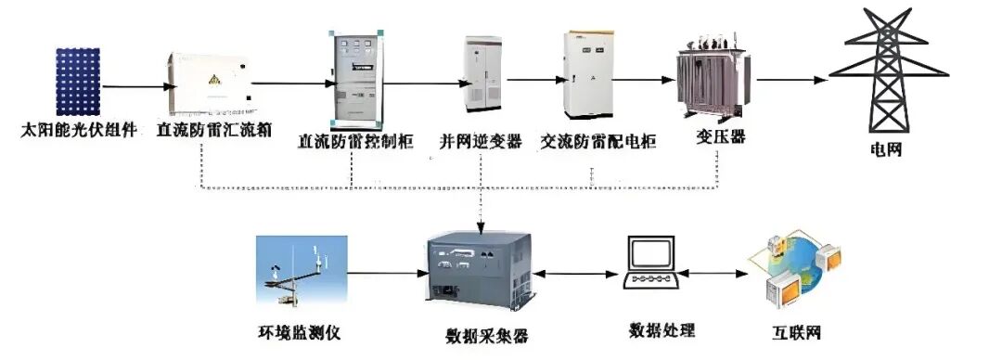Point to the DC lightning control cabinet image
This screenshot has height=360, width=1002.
pyautogui.click(x=354, y=83)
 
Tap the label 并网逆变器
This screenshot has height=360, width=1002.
pyautogui.click(x=481, y=142)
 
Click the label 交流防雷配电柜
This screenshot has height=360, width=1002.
pyautogui.click(x=598, y=142)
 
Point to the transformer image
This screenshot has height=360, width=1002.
pyautogui.click(x=713, y=83)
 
